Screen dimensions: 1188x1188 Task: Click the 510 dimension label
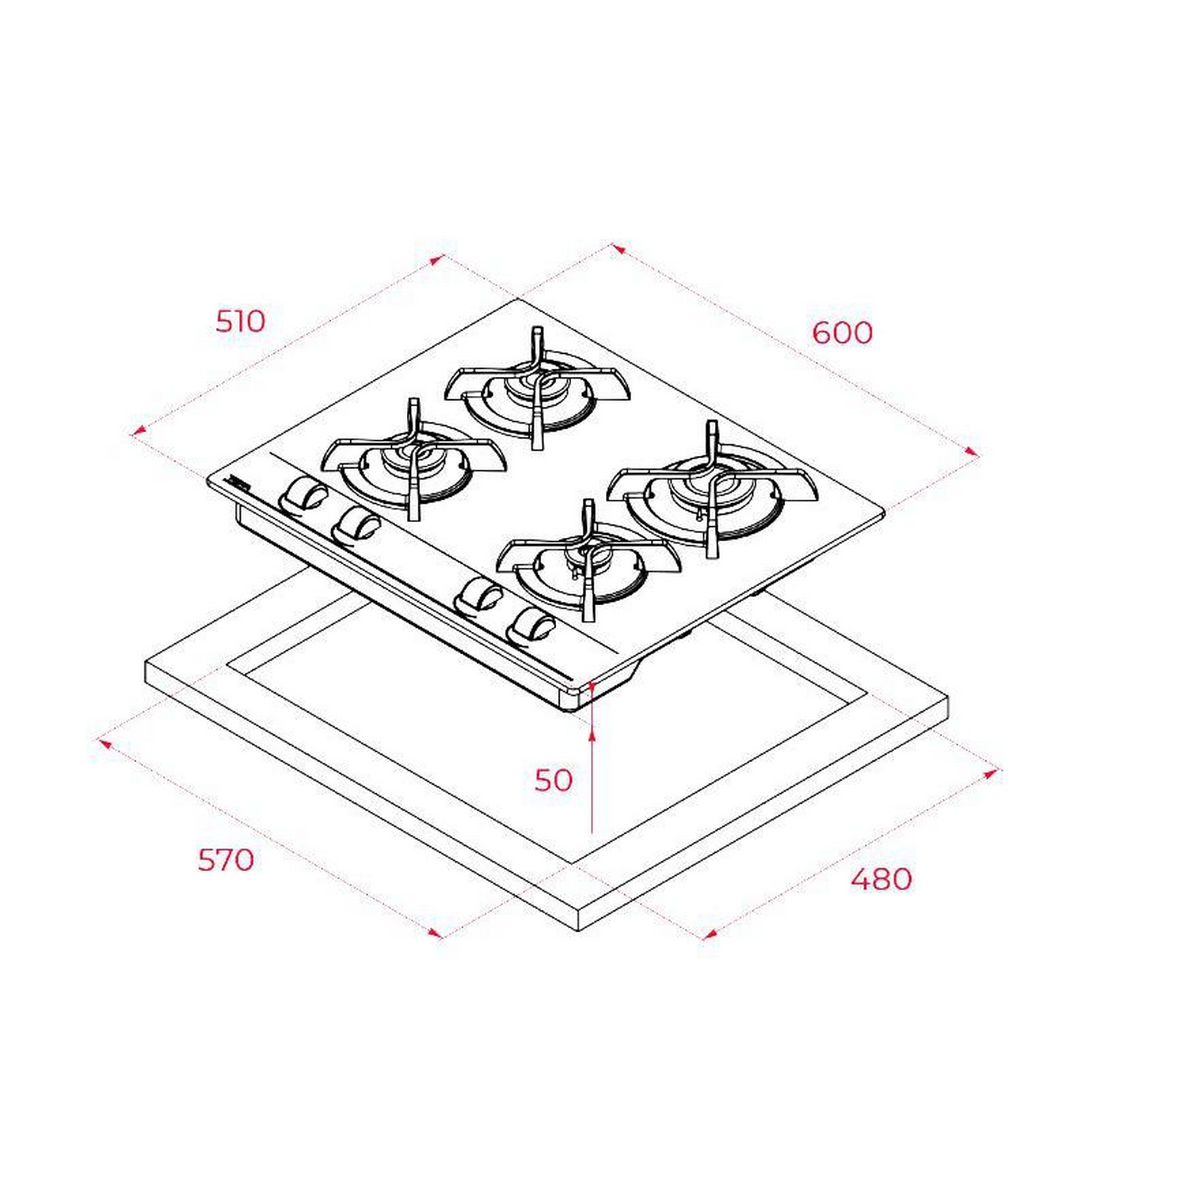click(x=241, y=321)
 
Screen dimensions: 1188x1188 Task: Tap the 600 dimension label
click(x=842, y=332)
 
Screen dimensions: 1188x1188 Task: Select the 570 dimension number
click(x=226, y=859)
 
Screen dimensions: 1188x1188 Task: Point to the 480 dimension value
click(x=881, y=878)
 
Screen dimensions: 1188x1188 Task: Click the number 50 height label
click(x=553, y=780)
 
